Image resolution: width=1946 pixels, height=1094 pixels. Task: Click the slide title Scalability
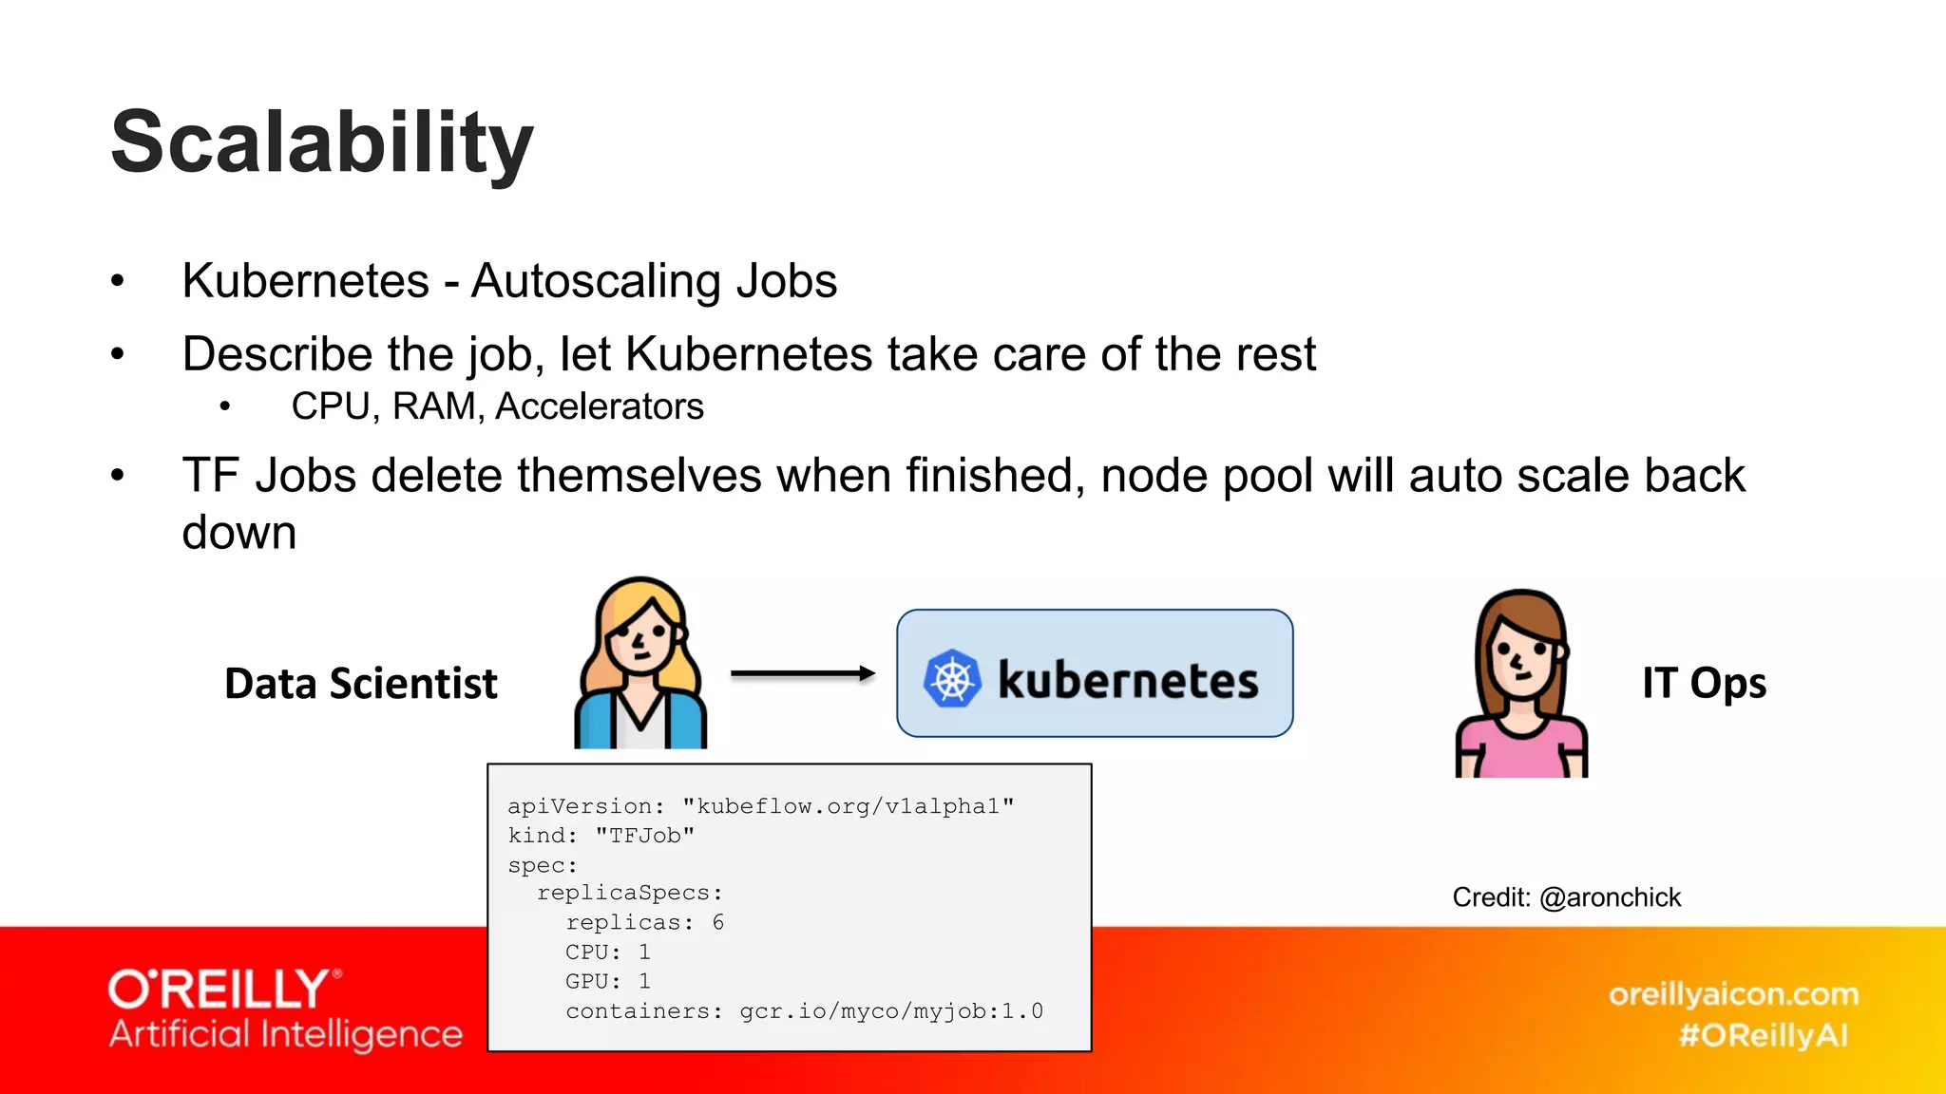coord(322,142)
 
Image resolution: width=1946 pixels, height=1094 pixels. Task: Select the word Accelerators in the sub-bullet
coord(600,406)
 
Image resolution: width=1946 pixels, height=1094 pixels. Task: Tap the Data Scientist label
coord(361,684)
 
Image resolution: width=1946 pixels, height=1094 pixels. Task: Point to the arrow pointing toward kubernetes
coord(803,673)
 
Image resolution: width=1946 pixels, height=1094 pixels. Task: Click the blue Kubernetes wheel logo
coord(951,679)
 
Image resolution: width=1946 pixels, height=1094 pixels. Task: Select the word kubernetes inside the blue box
coord(1128,680)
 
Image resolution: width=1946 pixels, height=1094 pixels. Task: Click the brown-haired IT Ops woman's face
coord(1520,655)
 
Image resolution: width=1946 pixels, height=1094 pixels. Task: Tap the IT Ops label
coord(1704,684)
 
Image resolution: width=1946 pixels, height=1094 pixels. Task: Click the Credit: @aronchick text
coord(1566,897)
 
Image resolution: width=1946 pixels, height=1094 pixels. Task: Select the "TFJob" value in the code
coord(645,836)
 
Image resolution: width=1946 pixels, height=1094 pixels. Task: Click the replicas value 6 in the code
coord(718,922)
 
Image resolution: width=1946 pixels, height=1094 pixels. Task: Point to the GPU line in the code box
coord(608,981)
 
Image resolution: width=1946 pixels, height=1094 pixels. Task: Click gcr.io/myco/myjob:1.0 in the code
coord(891,1011)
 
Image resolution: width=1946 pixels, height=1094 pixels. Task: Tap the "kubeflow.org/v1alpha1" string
coord(848,806)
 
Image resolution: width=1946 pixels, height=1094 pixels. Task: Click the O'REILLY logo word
coord(219,990)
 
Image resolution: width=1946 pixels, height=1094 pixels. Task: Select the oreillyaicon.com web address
coord(1733,994)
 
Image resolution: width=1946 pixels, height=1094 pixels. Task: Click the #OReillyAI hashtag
coord(1763,1035)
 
